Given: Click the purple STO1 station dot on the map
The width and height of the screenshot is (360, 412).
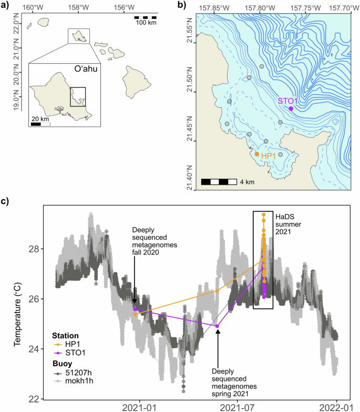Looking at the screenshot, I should (x=291, y=108).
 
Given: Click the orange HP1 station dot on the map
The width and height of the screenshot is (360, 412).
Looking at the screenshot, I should (x=257, y=154).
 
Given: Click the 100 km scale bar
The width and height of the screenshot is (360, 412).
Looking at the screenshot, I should (x=146, y=17).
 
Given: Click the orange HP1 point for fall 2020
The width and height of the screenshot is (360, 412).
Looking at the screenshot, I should (x=136, y=314).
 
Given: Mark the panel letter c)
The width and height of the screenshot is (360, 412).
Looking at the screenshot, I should (x=6, y=202).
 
